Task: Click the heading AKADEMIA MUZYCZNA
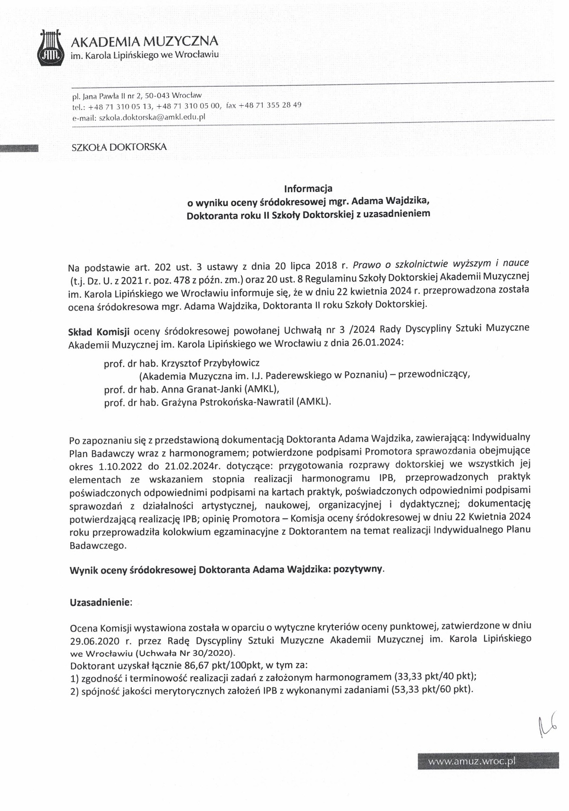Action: tap(144, 42)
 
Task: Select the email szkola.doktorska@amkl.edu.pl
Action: tap(152, 117)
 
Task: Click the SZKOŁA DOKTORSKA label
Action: tap(119, 147)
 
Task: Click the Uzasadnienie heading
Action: tap(100, 602)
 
